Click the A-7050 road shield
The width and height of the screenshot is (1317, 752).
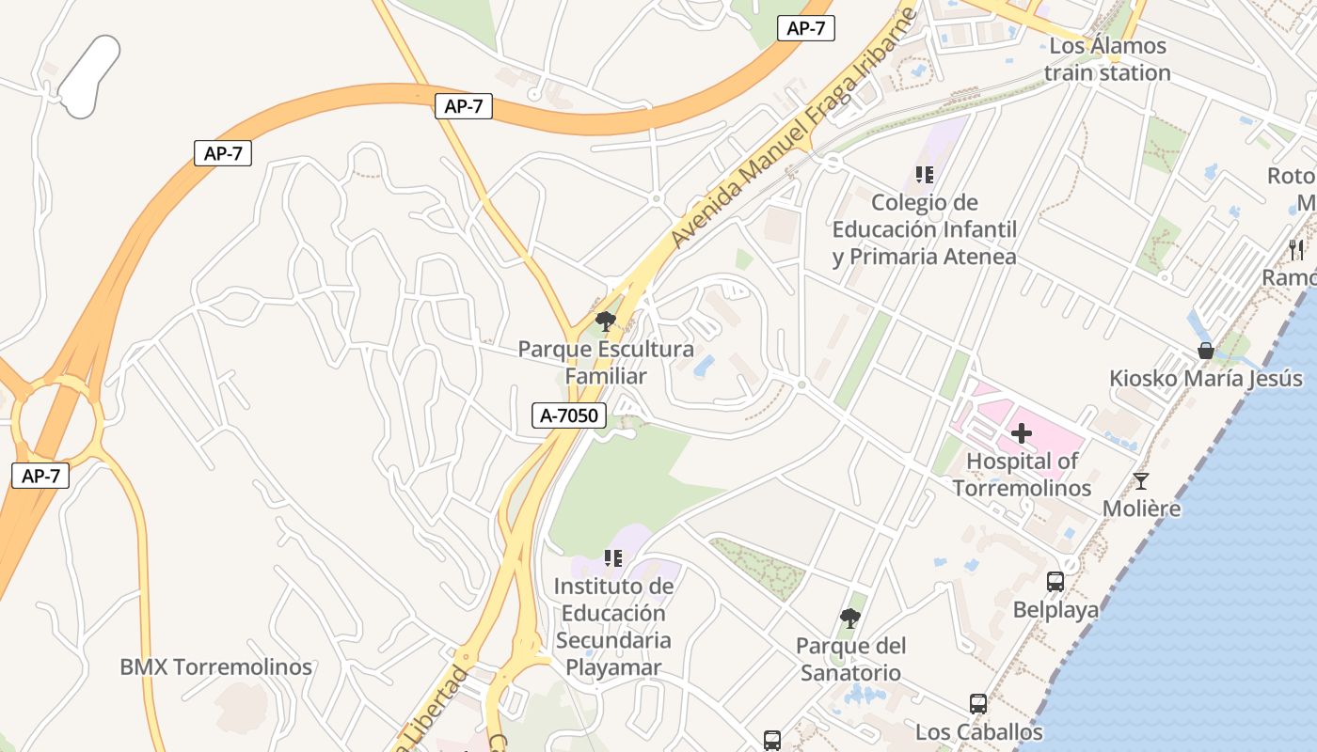click(570, 415)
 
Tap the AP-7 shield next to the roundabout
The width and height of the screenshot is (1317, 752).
click(40, 476)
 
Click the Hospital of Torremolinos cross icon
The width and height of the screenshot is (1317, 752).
click(1022, 434)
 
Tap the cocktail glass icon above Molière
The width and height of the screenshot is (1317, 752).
click(1141, 481)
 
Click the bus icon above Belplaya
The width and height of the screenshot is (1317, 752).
click(1055, 582)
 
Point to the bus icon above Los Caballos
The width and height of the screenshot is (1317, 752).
click(978, 704)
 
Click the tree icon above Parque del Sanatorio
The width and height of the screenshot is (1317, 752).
click(850, 618)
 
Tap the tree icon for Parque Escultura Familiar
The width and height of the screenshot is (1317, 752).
click(606, 321)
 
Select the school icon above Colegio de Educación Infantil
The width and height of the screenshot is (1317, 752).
click(924, 175)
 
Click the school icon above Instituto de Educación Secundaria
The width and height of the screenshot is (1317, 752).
click(613, 558)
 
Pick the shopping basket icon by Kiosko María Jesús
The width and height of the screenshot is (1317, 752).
click(1205, 352)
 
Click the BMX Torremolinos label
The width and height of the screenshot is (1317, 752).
click(215, 667)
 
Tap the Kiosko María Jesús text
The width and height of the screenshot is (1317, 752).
click(1206, 379)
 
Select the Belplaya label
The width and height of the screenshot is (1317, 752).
click(1055, 610)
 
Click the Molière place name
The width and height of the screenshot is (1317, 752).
click(1141, 509)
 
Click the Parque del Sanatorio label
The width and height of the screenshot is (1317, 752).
click(850, 659)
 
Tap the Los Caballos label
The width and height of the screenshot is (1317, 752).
click(978, 731)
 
